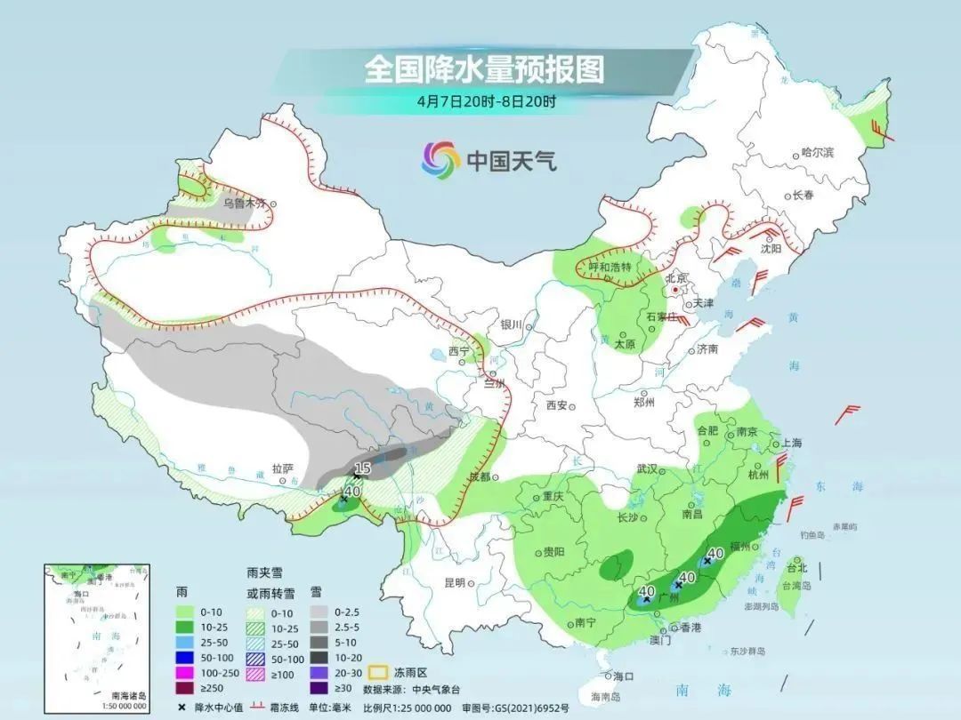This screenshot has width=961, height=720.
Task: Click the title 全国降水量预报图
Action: point(484,69)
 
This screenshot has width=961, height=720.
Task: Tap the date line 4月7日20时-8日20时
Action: point(486,100)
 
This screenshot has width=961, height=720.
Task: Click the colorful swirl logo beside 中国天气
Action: point(440,160)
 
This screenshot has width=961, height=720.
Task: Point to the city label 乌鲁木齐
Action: point(244,203)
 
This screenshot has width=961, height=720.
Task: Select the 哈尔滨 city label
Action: point(818,153)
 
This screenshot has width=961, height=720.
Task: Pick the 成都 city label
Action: point(480,477)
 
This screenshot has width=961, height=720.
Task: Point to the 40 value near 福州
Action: point(714,555)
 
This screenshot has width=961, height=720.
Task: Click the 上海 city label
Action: point(791,443)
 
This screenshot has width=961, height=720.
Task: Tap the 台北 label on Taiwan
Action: point(796,568)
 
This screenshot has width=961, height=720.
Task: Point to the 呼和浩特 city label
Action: point(610,267)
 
